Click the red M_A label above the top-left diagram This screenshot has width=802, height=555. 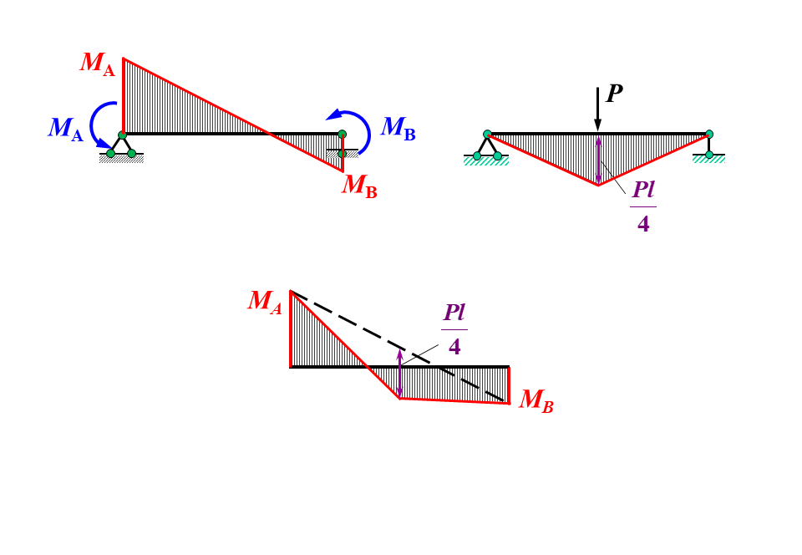point(98,64)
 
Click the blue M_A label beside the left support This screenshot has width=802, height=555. point(66,130)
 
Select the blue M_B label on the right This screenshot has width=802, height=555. point(398,129)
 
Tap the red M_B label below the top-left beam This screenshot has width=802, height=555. point(359,186)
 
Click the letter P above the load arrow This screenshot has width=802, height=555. point(614,94)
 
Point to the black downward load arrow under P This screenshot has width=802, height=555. point(597,109)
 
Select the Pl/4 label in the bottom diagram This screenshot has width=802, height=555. point(454,329)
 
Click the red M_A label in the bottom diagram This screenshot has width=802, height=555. point(265,303)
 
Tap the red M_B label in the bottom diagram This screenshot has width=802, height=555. point(536,401)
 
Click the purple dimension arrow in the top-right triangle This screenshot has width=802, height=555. point(598,160)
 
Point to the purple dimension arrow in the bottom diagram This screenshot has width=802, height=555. point(399,374)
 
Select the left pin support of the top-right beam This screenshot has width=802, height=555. point(487,145)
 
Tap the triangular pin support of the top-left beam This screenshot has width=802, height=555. point(121,145)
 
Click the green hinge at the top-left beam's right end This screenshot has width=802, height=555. point(342,134)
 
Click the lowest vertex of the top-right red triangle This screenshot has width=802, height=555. point(598,185)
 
